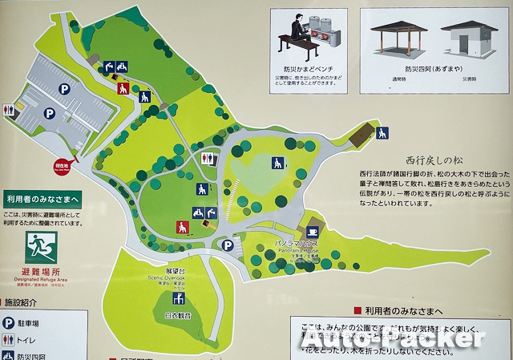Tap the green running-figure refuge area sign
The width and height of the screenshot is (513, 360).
click(37, 244)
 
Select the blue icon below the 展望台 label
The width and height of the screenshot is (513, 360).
click(180, 299)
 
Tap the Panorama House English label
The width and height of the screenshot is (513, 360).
click(298, 250)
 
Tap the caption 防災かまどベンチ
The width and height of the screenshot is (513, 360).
click(308, 69)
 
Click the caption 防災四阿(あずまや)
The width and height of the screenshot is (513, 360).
click(434, 69)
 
